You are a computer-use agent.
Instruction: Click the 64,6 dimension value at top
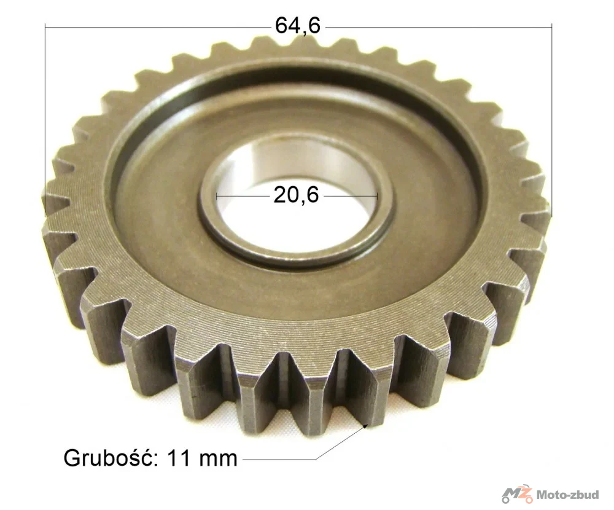(298, 26)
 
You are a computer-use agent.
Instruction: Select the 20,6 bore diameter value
(296, 194)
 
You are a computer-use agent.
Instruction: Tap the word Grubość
(111, 458)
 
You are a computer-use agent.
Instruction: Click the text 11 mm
(202, 458)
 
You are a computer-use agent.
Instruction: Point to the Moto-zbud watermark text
(567, 495)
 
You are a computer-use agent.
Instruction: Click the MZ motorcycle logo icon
(517, 494)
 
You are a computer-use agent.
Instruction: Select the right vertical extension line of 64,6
(551, 120)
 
